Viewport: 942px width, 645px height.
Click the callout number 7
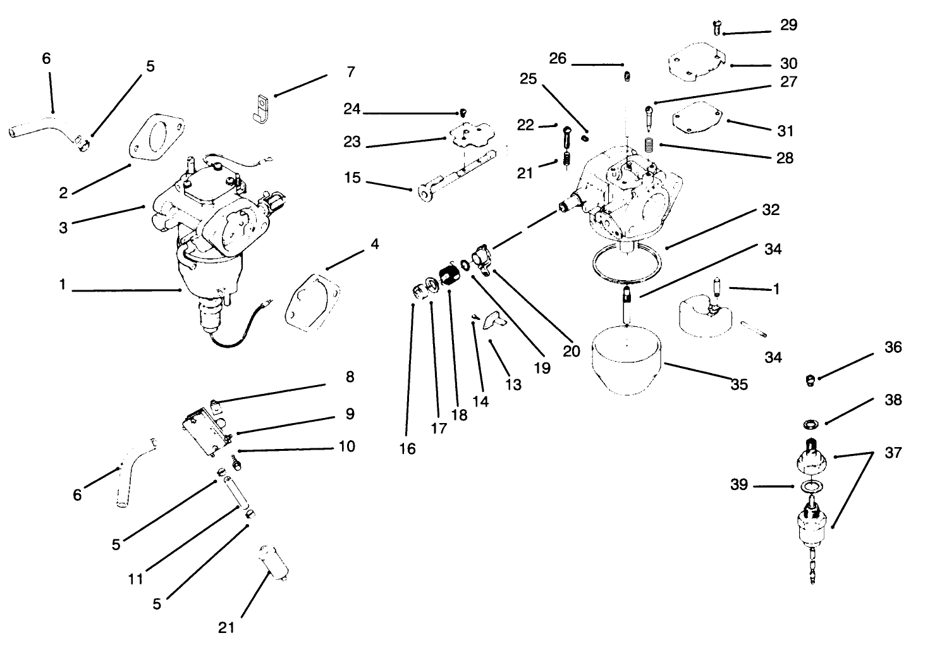point(351,72)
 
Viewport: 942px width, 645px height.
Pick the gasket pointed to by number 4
point(311,300)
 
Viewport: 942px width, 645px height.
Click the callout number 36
point(893,348)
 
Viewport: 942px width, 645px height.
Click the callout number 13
point(513,384)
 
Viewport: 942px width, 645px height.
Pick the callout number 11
point(135,578)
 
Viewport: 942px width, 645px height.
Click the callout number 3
point(63,227)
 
